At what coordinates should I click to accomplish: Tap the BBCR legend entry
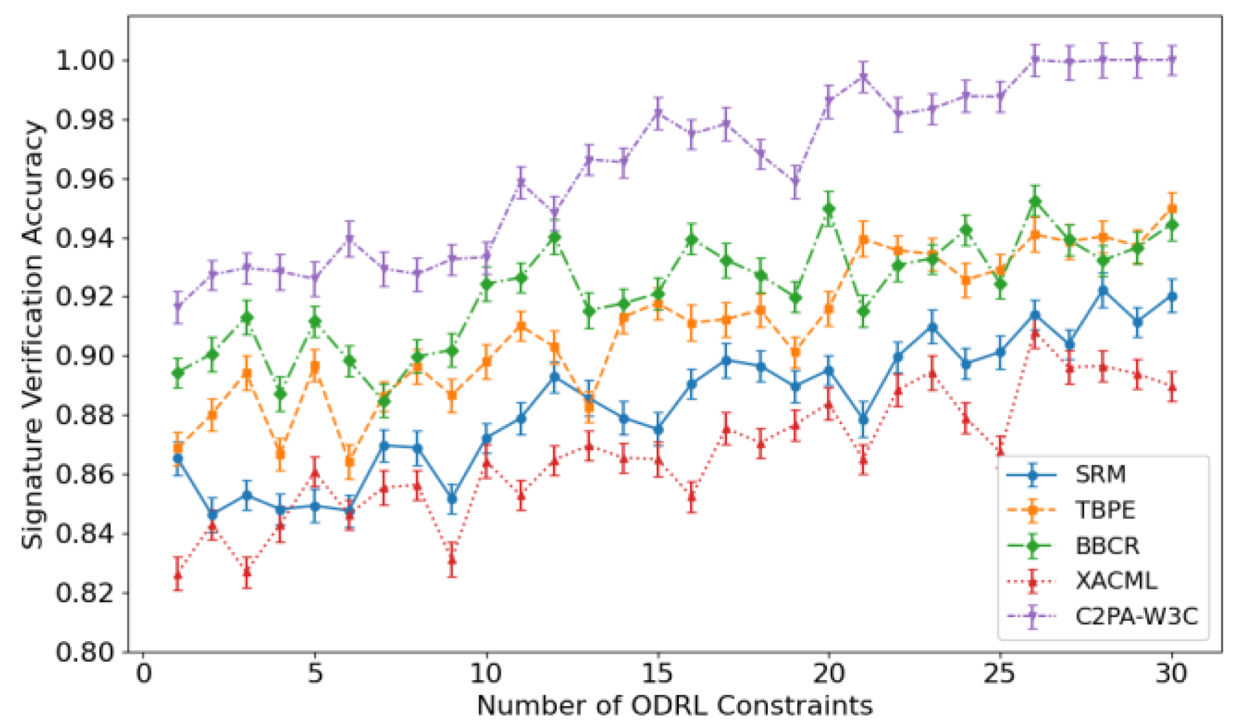(1107, 546)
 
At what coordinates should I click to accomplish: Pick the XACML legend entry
(1116, 581)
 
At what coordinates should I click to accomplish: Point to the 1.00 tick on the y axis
(85, 60)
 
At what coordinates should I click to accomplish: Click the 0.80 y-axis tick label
(85, 652)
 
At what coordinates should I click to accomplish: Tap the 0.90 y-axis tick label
(85, 356)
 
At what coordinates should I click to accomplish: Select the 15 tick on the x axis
(657, 673)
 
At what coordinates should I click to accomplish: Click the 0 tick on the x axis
(144, 673)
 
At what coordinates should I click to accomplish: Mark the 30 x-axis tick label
(1171, 673)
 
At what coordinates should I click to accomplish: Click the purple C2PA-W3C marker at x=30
(1172, 60)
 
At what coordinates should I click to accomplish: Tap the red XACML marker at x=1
(178, 575)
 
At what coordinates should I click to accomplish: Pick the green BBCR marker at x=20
(829, 209)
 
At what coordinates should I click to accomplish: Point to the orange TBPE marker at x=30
(1172, 209)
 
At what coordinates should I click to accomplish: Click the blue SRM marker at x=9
(452, 498)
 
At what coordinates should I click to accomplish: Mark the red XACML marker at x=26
(1035, 334)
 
